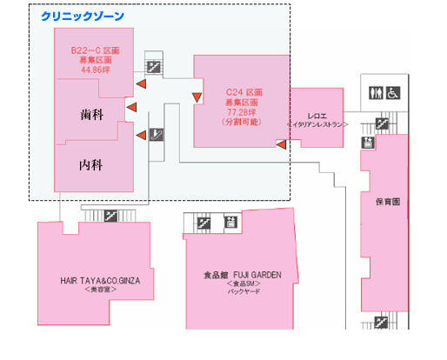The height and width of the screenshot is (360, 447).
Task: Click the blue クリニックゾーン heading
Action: (x=83, y=17)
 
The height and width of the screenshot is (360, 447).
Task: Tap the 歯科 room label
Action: (x=92, y=115)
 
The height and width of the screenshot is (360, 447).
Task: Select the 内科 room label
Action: (x=91, y=165)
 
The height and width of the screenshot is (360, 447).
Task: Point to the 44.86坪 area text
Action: (x=96, y=70)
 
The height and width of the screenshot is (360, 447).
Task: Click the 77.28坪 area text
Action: (x=242, y=112)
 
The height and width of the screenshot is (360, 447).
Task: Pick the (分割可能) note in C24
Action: (x=242, y=122)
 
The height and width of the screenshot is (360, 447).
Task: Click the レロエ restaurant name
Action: (x=317, y=117)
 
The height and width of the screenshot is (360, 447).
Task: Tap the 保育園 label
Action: (x=388, y=202)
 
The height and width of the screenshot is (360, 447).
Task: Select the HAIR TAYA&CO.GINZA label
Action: (x=100, y=281)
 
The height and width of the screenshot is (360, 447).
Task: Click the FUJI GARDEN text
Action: (x=257, y=275)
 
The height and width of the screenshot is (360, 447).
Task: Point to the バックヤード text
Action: (x=244, y=291)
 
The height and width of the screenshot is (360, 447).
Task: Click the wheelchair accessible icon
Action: (x=393, y=93)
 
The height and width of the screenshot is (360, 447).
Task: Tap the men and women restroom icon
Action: (x=376, y=93)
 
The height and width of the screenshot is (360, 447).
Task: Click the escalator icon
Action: (x=157, y=135)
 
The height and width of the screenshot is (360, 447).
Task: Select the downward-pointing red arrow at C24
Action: (x=197, y=97)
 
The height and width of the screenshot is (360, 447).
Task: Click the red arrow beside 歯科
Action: (x=131, y=107)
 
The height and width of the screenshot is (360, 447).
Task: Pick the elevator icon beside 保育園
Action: (x=368, y=143)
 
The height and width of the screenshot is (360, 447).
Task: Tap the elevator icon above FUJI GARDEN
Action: (x=230, y=222)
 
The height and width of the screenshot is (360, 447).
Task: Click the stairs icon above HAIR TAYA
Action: (x=110, y=216)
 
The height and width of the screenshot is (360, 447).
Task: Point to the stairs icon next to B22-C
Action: (x=153, y=67)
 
